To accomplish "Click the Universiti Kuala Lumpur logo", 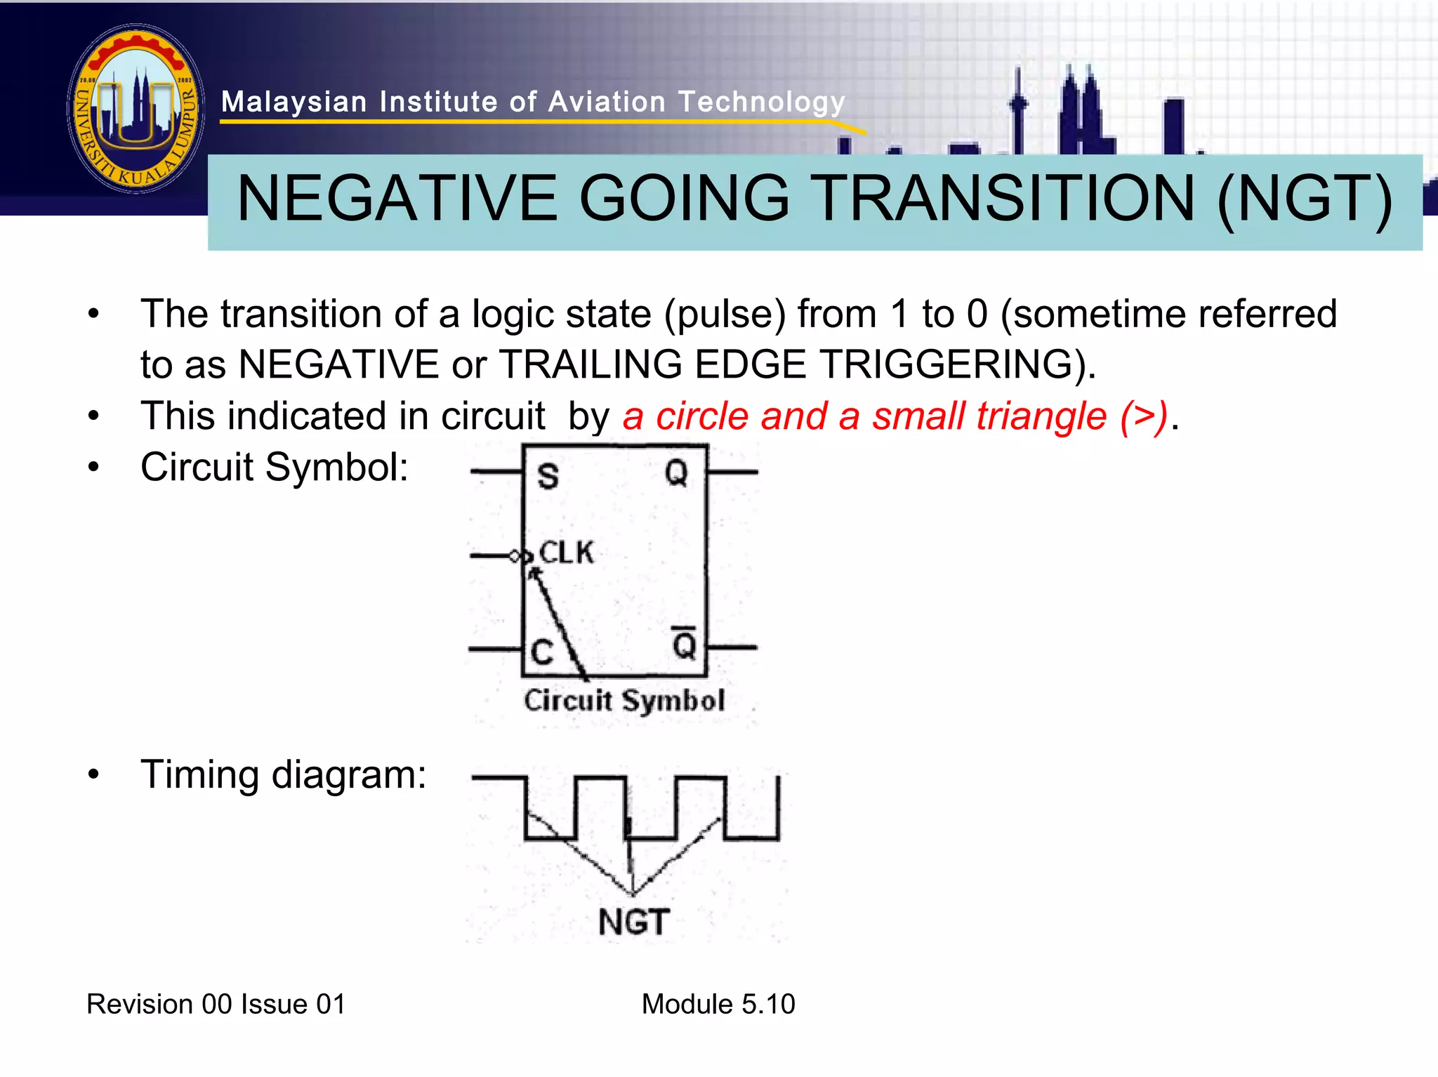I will point(136,109).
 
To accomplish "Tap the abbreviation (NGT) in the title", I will point(1304,200).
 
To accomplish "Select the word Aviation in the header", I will point(606,103).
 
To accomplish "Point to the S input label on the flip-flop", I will point(548,477).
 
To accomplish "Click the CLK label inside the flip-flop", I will point(566,553).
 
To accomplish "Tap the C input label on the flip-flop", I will point(542,652).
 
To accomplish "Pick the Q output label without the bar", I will point(676,473).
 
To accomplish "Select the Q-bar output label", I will point(684,644).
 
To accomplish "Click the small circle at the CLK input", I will point(515,557).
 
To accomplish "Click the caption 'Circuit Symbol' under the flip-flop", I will point(624,701).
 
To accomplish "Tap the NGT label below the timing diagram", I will point(634,922).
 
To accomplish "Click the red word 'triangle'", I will point(989,416).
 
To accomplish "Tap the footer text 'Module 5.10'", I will point(718,1004).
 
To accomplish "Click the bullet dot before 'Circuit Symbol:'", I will point(94,468).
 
